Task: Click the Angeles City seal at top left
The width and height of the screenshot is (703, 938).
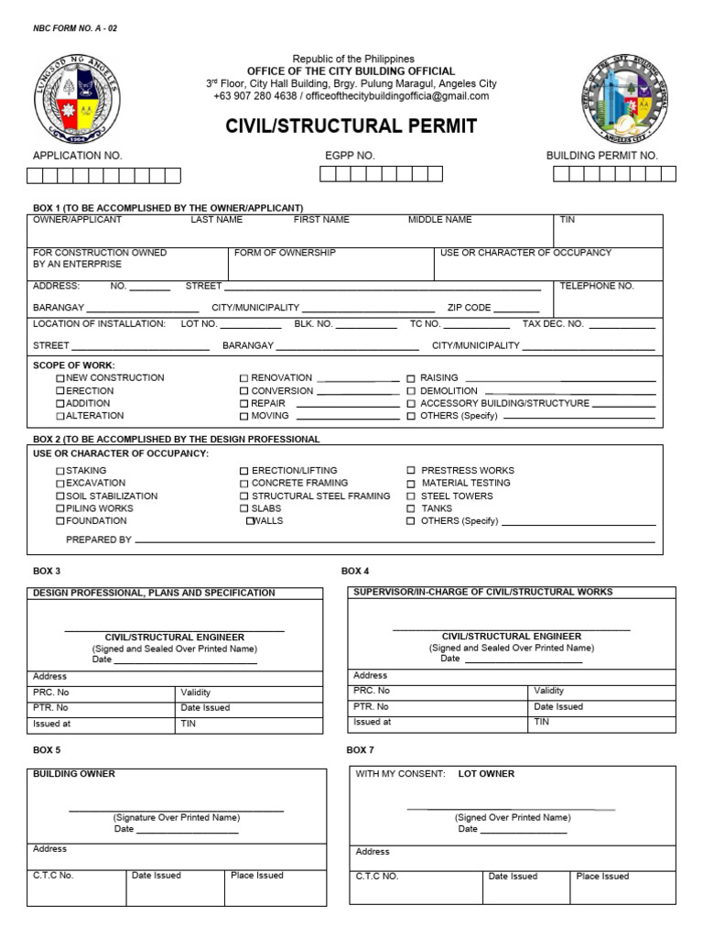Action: click(77, 95)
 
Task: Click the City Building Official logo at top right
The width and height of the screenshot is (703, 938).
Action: click(625, 99)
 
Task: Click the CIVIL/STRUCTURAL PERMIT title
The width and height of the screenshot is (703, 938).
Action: click(351, 126)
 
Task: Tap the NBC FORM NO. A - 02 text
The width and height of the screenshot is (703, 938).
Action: click(75, 28)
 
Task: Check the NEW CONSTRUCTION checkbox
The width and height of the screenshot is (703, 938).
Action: click(61, 378)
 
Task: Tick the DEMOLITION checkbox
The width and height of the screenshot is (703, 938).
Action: click(411, 391)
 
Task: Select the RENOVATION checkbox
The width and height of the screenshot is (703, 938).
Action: click(244, 378)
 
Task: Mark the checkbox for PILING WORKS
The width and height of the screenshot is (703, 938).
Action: click(61, 508)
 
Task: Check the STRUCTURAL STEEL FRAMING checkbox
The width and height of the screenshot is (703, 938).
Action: click(244, 496)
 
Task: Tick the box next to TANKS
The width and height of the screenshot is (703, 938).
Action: click(411, 508)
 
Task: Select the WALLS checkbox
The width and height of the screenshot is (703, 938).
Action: click(250, 521)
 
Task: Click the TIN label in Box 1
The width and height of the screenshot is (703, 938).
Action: click(568, 220)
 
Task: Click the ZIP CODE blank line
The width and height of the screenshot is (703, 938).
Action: click(517, 310)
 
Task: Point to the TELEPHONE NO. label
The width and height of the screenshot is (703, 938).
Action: click(597, 287)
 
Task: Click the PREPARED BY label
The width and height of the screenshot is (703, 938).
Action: click(99, 540)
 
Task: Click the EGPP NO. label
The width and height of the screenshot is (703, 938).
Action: click(350, 156)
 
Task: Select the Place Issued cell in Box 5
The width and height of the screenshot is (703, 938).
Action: click(257, 876)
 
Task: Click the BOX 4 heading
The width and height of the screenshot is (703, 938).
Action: click(355, 572)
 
